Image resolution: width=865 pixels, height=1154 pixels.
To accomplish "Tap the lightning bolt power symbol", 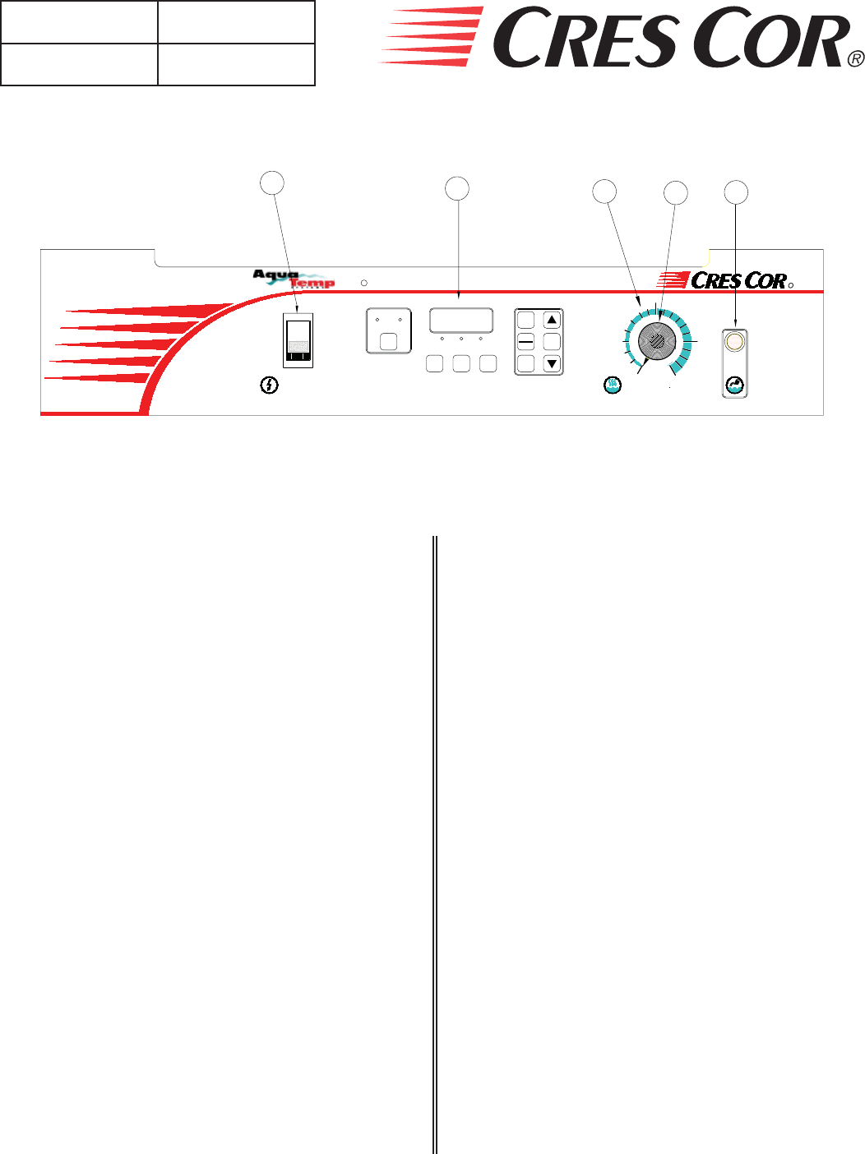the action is (x=269, y=385).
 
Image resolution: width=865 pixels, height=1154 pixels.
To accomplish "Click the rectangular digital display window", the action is (x=461, y=321).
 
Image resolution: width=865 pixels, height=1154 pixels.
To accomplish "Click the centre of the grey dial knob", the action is (x=657, y=340).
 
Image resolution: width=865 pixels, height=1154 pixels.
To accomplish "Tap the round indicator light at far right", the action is (x=735, y=340).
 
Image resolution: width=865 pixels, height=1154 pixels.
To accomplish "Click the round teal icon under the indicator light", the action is (x=735, y=385).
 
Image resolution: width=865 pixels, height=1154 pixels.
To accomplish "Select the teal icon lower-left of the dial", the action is (x=613, y=384).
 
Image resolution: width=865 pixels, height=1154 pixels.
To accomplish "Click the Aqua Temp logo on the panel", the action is (x=294, y=279).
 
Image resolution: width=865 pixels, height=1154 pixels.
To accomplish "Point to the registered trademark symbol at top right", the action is (x=856, y=58).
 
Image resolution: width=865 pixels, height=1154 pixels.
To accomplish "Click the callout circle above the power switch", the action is (x=272, y=182).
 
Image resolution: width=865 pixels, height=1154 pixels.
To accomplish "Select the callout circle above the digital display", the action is (x=457, y=188).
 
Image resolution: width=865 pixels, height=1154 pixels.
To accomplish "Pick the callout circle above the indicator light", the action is (x=736, y=192).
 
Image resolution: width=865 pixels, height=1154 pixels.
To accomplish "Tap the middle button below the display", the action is (x=461, y=363).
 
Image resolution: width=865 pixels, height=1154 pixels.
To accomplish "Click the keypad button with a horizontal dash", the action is (x=526, y=342).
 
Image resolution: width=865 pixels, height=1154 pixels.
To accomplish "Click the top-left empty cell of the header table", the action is (x=79, y=22).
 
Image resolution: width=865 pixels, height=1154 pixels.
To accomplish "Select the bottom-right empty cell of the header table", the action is (x=236, y=64).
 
